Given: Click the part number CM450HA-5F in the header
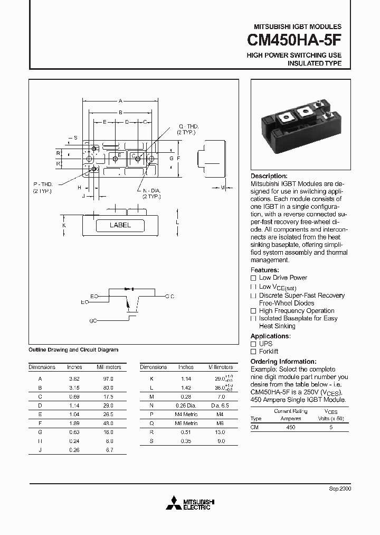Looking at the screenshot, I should (294, 40).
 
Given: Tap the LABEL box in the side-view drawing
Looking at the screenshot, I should (120, 225).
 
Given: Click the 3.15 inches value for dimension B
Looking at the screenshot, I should (74, 388).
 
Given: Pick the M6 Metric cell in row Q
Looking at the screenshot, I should (186, 423).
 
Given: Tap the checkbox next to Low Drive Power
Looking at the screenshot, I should (253, 278).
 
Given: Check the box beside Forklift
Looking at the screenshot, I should (253, 352).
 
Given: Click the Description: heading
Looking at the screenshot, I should (269, 176).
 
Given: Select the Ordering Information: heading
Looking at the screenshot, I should (283, 362).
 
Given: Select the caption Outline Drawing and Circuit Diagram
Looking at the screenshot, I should (73, 350).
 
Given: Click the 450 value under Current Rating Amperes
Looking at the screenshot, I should (290, 427).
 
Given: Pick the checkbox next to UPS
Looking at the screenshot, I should (253, 344).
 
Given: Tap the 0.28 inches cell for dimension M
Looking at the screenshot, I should (185, 396).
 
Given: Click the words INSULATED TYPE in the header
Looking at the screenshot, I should (314, 63).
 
